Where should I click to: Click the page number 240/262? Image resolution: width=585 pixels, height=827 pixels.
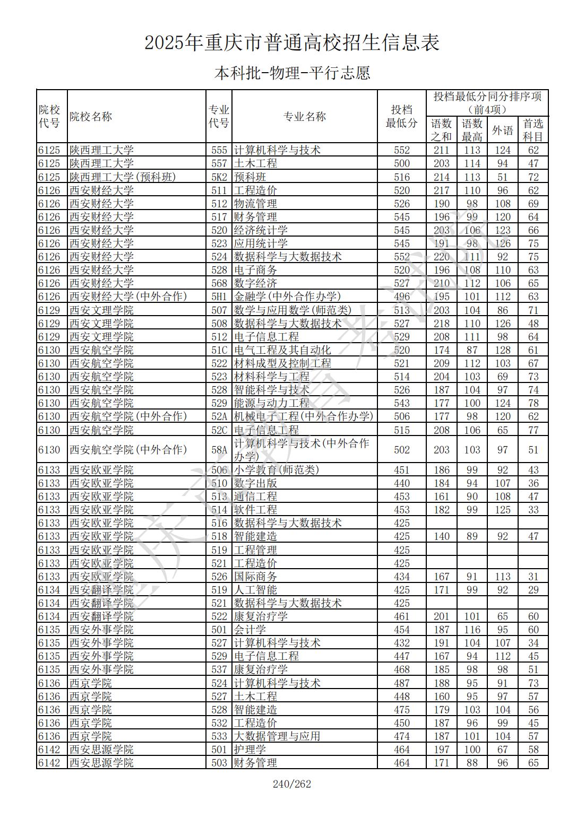coord(291,784)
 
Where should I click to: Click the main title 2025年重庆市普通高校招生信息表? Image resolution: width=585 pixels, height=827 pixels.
coord(292,43)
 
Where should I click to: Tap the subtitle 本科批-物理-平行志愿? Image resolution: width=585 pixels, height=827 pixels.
coord(292,73)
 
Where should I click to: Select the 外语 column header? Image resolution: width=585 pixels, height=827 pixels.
coord(502,130)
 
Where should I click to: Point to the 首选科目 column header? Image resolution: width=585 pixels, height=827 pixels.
coord(533,130)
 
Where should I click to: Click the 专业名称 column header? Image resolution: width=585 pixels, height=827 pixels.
coord(304,117)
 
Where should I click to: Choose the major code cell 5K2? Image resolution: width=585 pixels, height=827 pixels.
coord(219,177)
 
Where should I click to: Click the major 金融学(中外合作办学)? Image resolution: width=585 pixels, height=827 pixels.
coord(287,297)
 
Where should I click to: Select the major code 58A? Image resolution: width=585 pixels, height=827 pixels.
coord(219,450)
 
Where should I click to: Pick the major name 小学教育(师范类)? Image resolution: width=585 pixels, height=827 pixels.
coord(277,470)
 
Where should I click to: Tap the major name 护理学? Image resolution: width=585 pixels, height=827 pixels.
coord(250,750)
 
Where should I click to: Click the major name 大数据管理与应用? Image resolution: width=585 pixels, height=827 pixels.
coord(277,736)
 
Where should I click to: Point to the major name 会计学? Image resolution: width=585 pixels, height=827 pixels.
coord(250,630)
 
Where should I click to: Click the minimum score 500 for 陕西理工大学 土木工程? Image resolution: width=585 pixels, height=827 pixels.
coord(402,164)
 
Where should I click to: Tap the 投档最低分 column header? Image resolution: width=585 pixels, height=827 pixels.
coord(402,117)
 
